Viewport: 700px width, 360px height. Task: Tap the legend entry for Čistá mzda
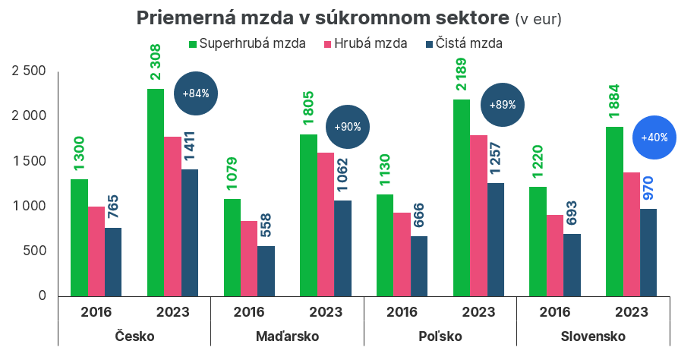tap(464, 43)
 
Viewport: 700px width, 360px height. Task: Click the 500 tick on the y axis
tap(35, 251)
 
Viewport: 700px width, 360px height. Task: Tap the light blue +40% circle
tap(654, 137)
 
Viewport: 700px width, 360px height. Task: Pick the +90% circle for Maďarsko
tap(348, 127)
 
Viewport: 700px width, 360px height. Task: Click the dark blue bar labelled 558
tap(266, 270)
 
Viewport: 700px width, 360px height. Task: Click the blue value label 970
tap(648, 187)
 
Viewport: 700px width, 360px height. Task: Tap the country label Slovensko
tap(592, 336)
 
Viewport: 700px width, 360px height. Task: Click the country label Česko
tap(134, 336)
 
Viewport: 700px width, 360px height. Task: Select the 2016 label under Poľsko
tap(402, 311)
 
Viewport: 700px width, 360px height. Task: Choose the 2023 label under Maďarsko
tap(326, 311)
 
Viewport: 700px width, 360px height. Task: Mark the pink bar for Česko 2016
tap(96, 251)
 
